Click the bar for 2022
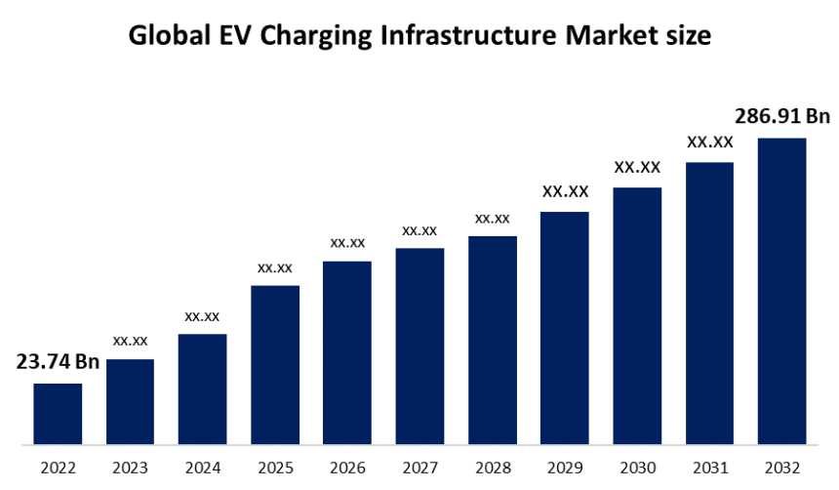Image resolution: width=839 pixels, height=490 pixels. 58,414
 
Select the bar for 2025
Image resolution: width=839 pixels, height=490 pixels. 275,365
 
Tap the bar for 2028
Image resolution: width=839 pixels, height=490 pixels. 492,340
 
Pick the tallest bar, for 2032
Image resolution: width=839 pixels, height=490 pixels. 781,291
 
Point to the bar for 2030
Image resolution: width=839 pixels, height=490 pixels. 637,315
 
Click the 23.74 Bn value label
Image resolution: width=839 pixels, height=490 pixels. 58,362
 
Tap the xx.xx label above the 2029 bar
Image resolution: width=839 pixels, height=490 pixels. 565,191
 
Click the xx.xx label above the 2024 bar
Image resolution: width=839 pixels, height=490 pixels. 202,315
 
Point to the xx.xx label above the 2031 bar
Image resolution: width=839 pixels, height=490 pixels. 709,142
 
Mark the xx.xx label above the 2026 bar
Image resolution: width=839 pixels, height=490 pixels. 347,242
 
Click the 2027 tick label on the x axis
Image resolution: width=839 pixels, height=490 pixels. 419,469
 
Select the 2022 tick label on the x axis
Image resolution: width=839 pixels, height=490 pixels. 58,469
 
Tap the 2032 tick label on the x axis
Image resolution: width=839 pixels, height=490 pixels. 781,469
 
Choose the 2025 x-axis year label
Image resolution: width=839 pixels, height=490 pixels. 275,469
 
